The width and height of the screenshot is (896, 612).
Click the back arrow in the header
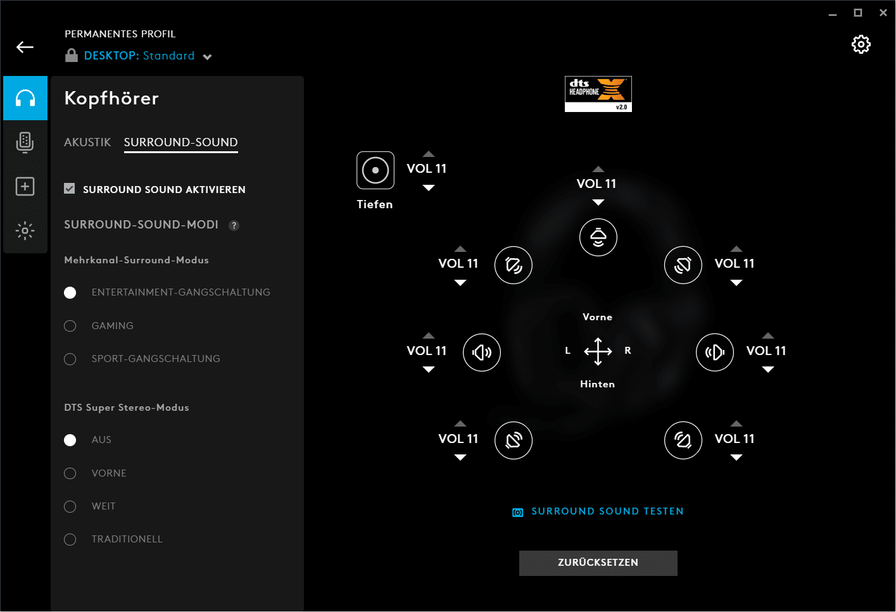[x=25, y=47]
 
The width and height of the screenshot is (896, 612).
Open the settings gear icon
[x=861, y=44]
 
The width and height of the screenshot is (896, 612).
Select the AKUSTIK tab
[x=87, y=142]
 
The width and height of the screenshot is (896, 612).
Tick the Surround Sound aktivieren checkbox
[x=70, y=189]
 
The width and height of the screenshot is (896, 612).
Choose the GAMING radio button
[x=70, y=326]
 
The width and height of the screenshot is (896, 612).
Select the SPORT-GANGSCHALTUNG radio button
[x=70, y=359]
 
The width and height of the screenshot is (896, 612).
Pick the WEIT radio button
[x=70, y=506]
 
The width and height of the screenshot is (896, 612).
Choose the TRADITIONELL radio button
[x=70, y=540]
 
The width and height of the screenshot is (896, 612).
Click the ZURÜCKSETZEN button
[x=598, y=563]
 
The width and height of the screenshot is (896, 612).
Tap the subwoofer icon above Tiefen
[x=375, y=170]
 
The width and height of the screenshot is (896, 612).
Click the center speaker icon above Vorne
[x=598, y=237]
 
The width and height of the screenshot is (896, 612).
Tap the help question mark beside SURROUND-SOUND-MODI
[x=234, y=226]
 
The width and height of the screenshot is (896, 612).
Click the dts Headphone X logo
[x=598, y=94]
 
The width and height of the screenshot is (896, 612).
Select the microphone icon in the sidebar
[x=25, y=142]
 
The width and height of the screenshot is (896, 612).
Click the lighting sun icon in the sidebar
[x=25, y=230]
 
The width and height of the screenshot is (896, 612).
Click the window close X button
[x=883, y=13]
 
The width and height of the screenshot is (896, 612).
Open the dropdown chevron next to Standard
[x=207, y=57]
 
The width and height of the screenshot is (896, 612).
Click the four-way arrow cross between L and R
[x=598, y=352]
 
